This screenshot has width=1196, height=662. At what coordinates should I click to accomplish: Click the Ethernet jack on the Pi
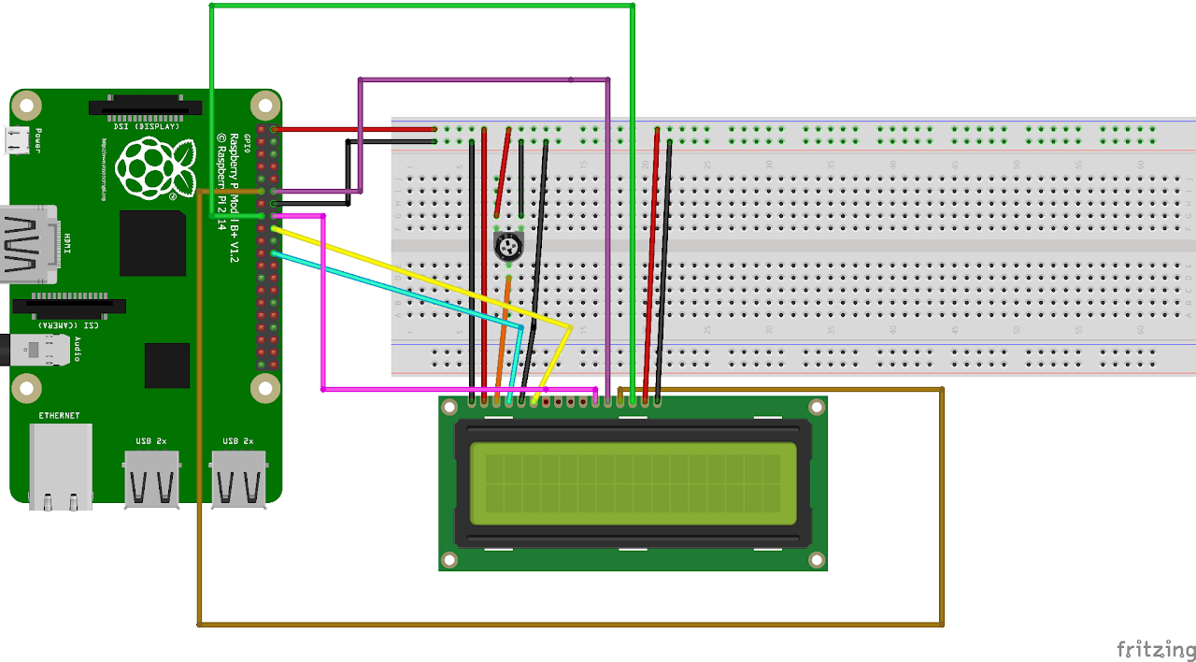(x=61, y=466)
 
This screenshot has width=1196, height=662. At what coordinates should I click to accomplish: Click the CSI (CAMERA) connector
(x=69, y=305)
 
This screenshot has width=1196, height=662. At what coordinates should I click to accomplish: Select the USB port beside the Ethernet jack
(x=151, y=478)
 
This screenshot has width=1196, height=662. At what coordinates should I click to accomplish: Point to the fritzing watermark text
(x=1156, y=648)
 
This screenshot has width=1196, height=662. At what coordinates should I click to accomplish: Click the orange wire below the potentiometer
(x=503, y=327)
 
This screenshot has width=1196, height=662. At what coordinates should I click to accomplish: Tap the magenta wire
(x=323, y=309)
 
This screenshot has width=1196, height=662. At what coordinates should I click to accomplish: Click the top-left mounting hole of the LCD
(x=449, y=407)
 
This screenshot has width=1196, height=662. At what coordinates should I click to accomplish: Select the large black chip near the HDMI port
(x=152, y=243)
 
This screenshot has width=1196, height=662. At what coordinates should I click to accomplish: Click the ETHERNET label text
(x=59, y=415)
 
